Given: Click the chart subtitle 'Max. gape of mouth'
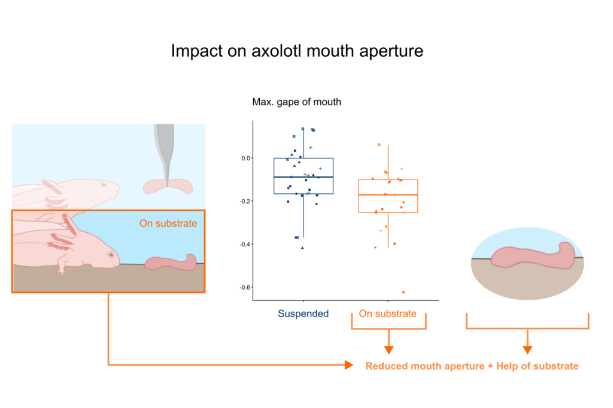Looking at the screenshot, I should (297, 102).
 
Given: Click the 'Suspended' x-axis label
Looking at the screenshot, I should (303, 313).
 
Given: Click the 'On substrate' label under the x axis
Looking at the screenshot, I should (387, 313).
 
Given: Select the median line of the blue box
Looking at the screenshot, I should (304, 177).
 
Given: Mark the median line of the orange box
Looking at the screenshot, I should (388, 195).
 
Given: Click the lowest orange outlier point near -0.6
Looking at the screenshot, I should (403, 292).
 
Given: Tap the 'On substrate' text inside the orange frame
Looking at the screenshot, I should (168, 224).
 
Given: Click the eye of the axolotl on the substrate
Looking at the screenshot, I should (110, 254).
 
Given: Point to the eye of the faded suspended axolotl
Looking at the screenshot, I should (102, 184).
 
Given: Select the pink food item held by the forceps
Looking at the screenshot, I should (168, 187).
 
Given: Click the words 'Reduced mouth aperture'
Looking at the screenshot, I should (424, 366).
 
